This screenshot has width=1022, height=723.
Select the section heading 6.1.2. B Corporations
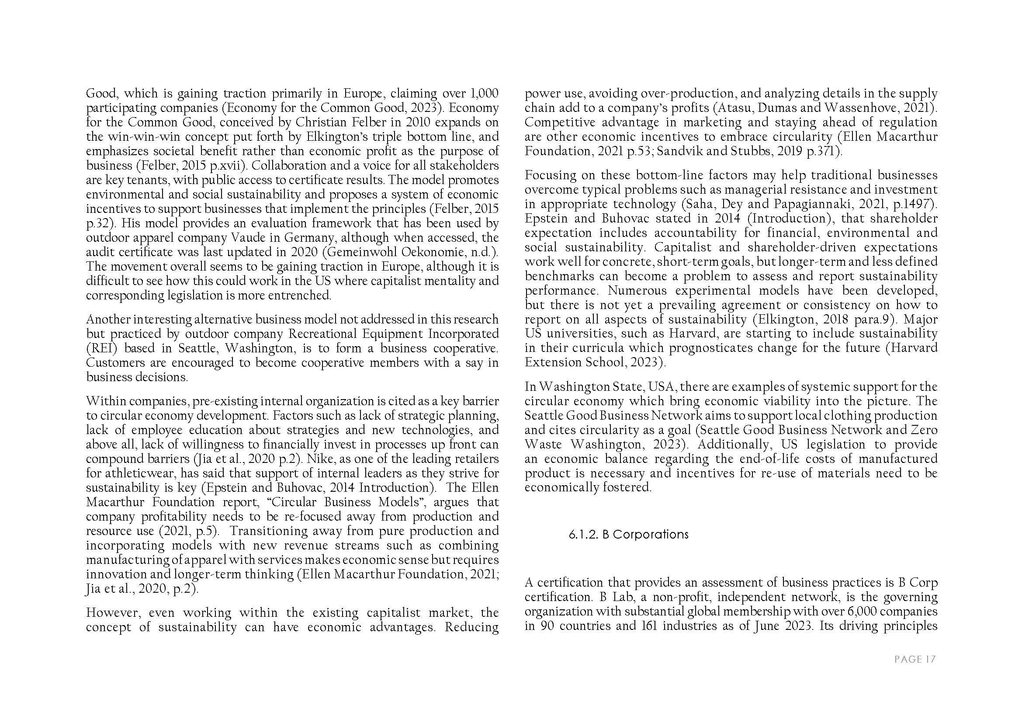tap(628, 534)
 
